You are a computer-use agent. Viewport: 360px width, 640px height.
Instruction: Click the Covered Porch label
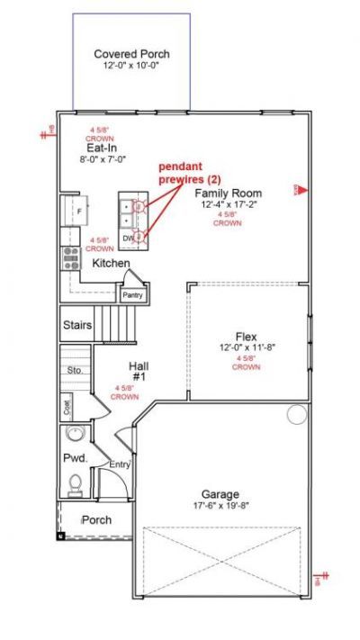tap(131, 54)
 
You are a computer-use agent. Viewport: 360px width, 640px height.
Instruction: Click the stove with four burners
tap(70, 258)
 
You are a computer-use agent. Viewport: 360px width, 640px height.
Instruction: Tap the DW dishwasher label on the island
tap(128, 238)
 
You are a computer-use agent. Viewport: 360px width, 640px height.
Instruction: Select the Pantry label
tap(133, 294)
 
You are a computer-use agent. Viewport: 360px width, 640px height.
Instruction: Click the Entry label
tap(120, 464)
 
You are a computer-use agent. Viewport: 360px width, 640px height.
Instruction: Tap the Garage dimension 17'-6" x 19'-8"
tap(220, 506)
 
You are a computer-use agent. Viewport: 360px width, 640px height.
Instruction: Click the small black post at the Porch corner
tap(61, 536)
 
